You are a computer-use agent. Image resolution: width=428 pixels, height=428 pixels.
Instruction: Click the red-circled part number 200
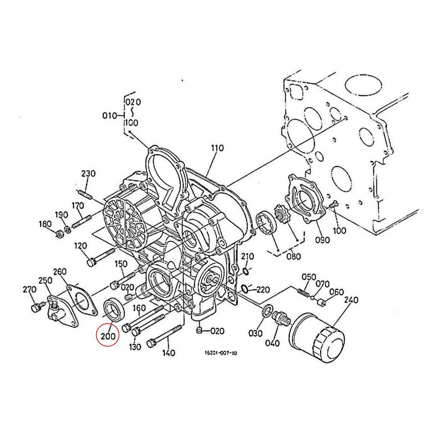point(108,336)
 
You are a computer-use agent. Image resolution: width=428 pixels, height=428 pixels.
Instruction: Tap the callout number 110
point(217,148)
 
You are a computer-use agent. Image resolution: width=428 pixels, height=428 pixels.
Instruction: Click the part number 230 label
point(88,174)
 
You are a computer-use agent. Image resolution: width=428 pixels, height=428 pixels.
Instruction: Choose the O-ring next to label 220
point(245,288)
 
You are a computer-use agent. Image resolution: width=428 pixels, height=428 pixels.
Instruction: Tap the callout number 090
point(322,240)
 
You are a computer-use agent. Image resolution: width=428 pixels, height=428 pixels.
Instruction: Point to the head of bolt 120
point(91,263)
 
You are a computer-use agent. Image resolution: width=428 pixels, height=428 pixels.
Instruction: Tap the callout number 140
point(169,353)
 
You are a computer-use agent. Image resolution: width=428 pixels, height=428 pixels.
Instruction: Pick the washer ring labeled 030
point(267,310)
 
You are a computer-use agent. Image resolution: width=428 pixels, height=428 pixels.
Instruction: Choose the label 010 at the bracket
point(109,116)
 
